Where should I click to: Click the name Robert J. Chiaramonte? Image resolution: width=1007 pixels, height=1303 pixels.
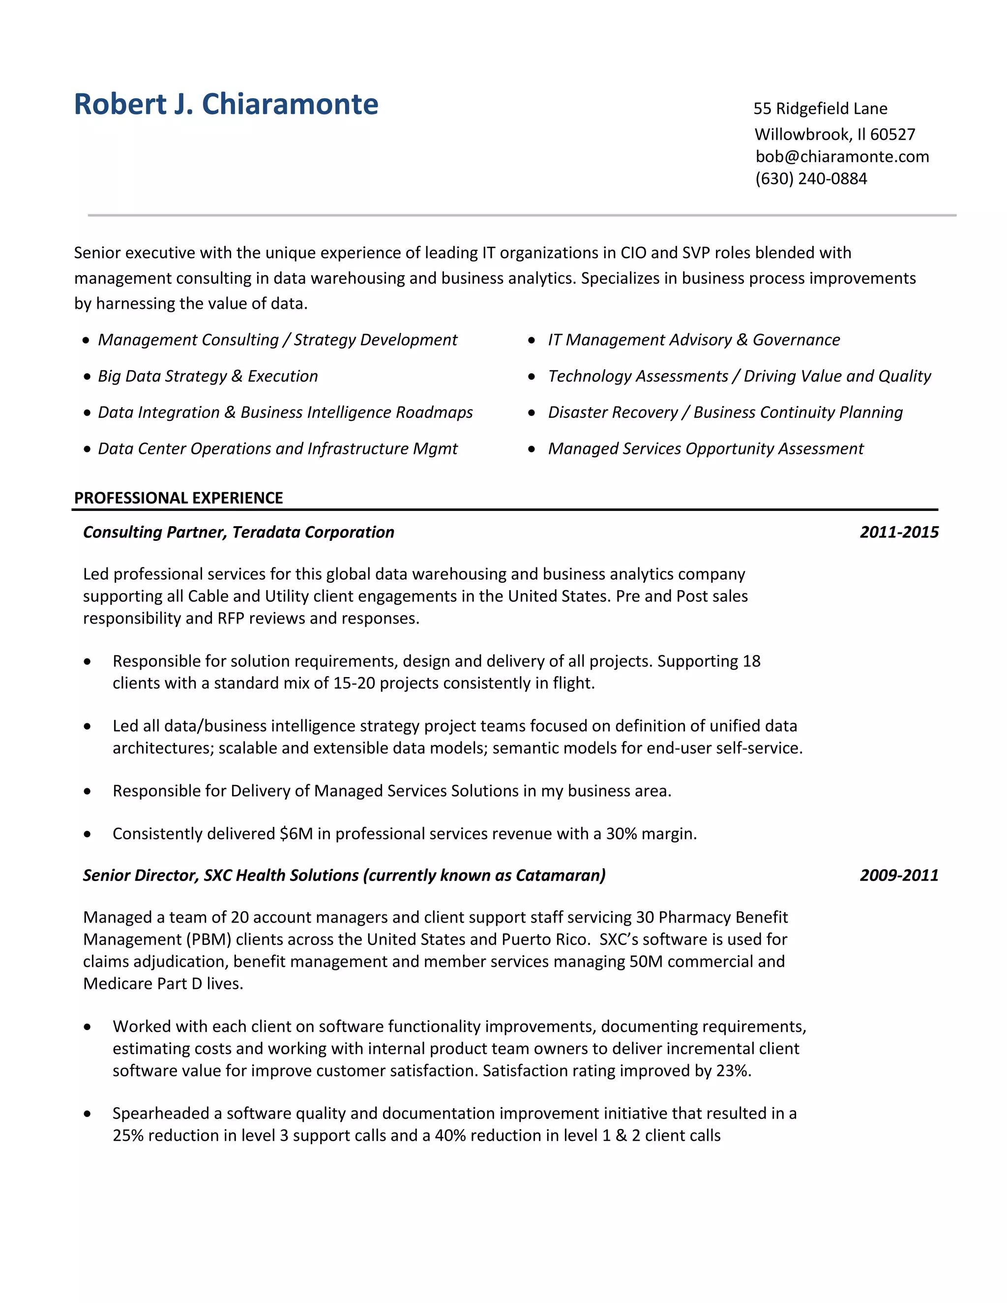coord(226,104)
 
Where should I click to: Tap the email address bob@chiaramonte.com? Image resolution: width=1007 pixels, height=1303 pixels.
coord(842,156)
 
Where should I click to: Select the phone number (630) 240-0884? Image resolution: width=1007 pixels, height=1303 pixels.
coord(811,178)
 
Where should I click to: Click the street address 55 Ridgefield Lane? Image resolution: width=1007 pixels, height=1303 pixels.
coord(820,109)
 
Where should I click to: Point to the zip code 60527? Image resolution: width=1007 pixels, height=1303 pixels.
coord(892,134)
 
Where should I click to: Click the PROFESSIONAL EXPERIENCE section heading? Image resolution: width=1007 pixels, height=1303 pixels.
coord(178,498)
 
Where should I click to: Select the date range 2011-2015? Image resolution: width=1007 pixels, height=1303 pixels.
coord(899,532)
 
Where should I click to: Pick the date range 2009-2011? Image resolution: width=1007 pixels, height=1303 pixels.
coord(899,875)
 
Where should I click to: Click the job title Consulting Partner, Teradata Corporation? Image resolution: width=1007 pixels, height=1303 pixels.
coord(238,532)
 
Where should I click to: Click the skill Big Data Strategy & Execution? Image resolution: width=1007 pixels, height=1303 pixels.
coord(207,377)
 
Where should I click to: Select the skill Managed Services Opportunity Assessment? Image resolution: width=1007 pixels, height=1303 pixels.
coord(706,448)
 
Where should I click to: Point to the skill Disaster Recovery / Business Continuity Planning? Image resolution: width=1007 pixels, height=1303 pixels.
coord(725,412)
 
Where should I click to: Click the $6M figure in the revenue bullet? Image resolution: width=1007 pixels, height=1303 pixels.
coord(296,833)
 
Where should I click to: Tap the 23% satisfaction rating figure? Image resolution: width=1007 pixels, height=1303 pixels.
coord(732,1071)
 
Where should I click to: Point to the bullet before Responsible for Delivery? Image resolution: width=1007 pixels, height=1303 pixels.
coord(88,792)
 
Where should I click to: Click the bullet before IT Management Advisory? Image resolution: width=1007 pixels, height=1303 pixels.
coord(532,341)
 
